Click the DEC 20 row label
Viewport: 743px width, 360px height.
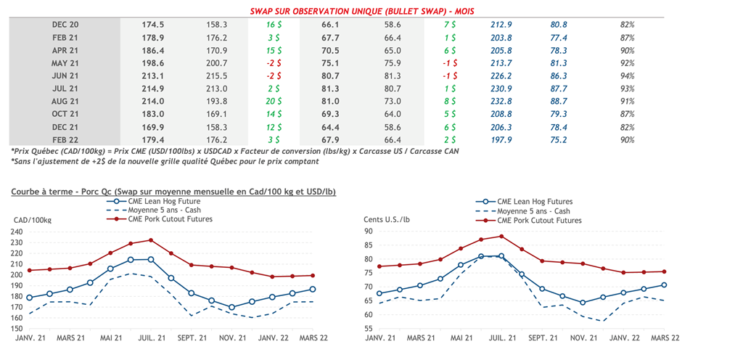[x=65, y=25]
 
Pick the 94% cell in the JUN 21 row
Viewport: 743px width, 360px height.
[x=627, y=76]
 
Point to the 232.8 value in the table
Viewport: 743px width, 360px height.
[x=501, y=102]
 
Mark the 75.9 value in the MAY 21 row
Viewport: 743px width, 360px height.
[x=393, y=63]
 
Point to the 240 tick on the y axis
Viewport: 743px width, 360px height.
[x=16, y=232]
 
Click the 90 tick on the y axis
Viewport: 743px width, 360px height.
[x=368, y=232]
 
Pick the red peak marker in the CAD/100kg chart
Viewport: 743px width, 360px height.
[x=151, y=240]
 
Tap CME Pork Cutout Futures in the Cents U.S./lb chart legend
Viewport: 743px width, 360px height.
[x=539, y=220]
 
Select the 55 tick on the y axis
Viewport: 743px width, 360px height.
[x=368, y=329]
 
